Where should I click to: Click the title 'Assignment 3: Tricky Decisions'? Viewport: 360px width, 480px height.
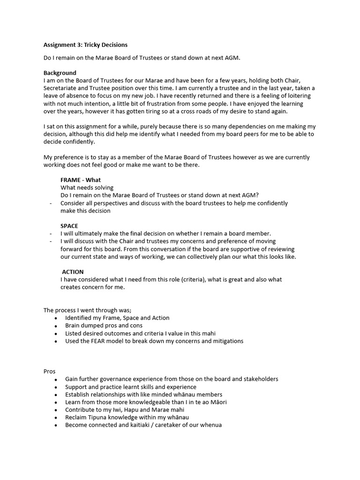point(85,45)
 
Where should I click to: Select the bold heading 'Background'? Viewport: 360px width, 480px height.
point(60,73)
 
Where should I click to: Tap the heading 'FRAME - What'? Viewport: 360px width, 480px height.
point(81,180)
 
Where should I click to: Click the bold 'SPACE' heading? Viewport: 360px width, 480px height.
point(69,226)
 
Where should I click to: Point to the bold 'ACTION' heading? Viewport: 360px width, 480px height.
point(73,272)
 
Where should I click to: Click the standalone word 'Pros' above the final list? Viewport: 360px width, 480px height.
point(49,371)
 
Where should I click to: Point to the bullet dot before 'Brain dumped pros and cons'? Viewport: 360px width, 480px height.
point(56,326)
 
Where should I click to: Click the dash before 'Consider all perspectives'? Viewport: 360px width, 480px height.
point(50,203)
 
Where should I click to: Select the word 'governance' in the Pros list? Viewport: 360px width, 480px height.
point(116,379)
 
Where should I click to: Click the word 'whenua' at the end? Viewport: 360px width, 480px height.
point(211,425)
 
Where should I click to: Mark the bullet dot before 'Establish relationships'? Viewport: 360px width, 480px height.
point(56,395)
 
